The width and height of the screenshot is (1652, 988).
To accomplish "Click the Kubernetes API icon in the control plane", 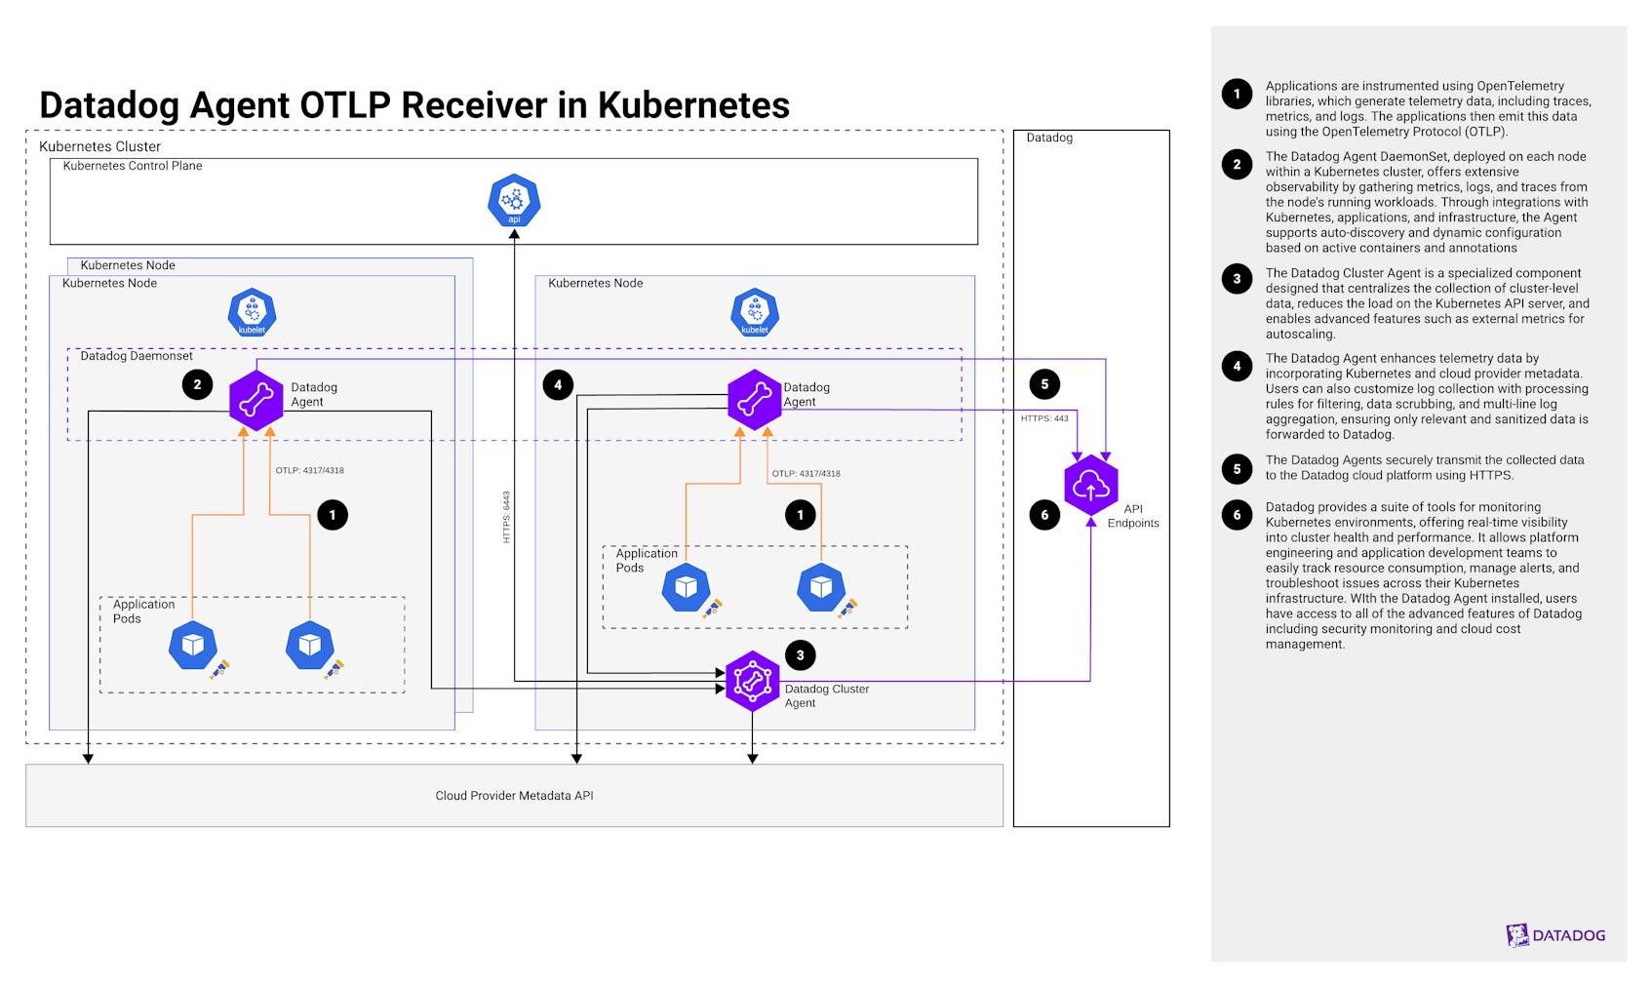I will pyautogui.click(x=514, y=200).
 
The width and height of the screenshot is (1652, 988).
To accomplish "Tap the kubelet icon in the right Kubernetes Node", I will pyautogui.click(x=754, y=313).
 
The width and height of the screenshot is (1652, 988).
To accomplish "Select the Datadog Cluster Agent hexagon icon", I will pyautogui.click(x=752, y=681).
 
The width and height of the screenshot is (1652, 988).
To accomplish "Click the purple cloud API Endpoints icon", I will pyautogui.click(x=1090, y=486).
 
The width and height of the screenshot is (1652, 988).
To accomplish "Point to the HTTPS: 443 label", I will pyautogui.click(x=1044, y=418).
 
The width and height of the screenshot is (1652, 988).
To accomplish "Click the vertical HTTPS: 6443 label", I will pyautogui.click(x=506, y=517).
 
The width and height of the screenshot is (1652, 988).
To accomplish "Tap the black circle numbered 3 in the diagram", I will pyautogui.click(x=800, y=654).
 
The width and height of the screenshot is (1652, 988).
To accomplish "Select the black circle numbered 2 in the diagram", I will pyautogui.click(x=197, y=384).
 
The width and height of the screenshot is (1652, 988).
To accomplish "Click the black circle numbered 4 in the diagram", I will pyautogui.click(x=558, y=384).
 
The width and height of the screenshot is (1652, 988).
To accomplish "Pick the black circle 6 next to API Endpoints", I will pyautogui.click(x=1044, y=514).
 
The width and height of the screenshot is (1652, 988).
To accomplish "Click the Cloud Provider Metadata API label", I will pyautogui.click(x=514, y=796).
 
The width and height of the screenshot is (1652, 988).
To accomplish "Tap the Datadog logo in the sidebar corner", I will pyautogui.click(x=1554, y=935).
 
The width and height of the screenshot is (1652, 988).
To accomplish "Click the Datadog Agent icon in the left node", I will pyautogui.click(x=256, y=399).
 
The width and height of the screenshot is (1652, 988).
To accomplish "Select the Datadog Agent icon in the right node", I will pyautogui.click(x=754, y=399).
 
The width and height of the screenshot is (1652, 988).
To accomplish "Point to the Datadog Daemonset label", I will pyautogui.click(x=137, y=356).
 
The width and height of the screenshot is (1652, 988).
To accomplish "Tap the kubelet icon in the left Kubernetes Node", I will pyautogui.click(x=252, y=313).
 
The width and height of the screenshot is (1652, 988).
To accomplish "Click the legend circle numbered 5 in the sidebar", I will pyautogui.click(x=1237, y=468).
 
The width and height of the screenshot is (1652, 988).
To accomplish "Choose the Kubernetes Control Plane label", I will pyautogui.click(x=133, y=166).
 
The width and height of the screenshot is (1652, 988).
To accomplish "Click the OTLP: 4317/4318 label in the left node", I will pyautogui.click(x=309, y=470).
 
